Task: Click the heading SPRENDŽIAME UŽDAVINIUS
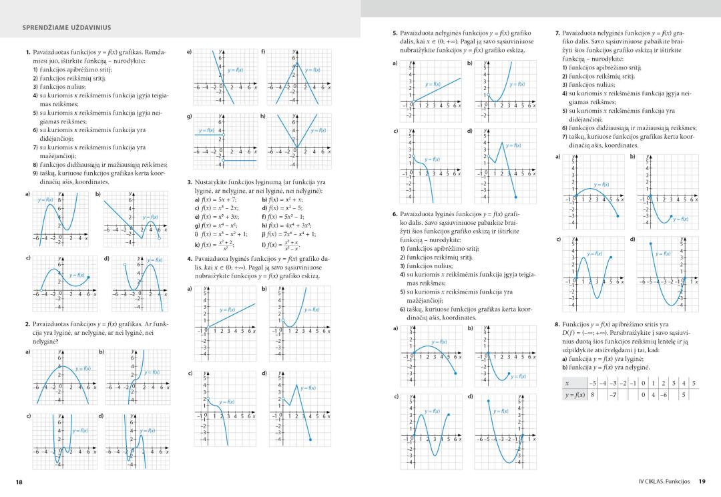point(67,27)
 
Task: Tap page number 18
point(18,480)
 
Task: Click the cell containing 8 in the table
point(592,395)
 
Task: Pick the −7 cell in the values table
point(613,395)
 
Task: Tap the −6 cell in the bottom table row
point(664,395)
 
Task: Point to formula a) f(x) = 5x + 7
point(214,199)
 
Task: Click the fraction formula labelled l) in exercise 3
point(286,245)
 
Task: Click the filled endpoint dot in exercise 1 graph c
point(89,275)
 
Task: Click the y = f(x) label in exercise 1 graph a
point(46,199)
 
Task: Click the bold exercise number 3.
point(190,182)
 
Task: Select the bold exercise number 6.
point(395,213)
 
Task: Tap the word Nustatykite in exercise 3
point(211,182)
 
